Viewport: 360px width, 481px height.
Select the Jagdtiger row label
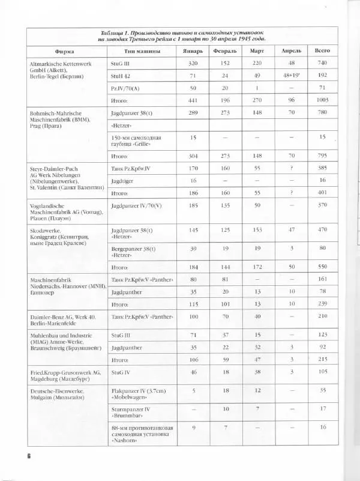click(x=121, y=180)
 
